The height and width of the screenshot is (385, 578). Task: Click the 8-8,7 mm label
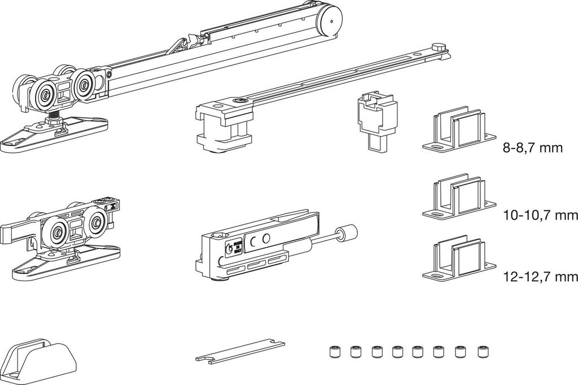[x=533, y=148]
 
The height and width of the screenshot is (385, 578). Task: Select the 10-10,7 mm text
[x=540, y=215]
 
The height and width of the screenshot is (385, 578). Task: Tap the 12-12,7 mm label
[x=540, y=277]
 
